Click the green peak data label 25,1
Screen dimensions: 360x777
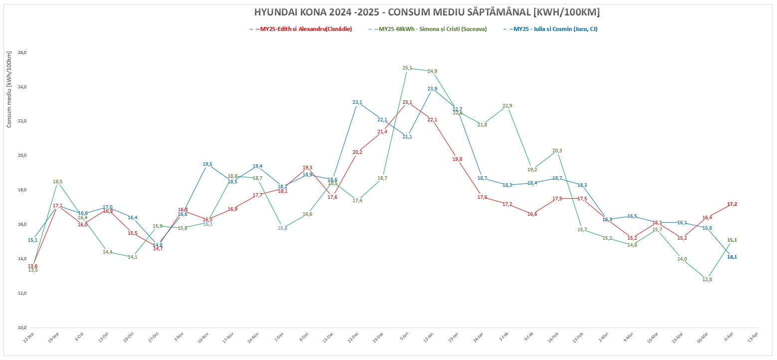point(407,68)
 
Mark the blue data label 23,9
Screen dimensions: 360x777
point(432,89)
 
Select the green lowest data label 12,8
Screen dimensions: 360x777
point(707,279)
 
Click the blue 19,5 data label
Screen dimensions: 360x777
point(208,164)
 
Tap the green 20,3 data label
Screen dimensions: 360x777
point(557,151)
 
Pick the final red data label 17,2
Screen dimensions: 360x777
point(732,204)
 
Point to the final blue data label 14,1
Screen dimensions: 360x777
point(732,257)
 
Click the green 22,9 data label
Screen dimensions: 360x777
point(507,106)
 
